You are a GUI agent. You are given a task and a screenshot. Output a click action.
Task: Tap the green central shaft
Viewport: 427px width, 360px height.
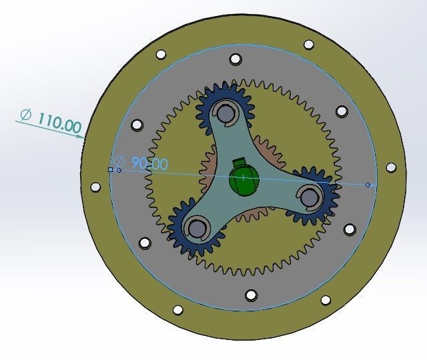(x=244, y=181)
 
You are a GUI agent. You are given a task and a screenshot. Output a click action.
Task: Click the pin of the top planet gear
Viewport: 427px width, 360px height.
(x=226, y=113)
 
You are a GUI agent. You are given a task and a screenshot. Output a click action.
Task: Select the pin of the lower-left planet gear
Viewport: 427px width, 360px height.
(x=195, y=228)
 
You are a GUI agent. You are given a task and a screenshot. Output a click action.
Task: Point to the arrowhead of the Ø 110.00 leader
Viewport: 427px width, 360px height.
(x=83, y=135)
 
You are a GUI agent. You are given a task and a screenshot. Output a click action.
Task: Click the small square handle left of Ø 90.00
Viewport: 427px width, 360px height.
(x=111, y=170)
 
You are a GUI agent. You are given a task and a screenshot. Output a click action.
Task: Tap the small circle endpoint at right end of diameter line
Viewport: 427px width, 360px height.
(x=368, y=184)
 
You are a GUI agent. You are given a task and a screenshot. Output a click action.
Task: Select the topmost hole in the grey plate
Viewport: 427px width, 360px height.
(x=235, y=59)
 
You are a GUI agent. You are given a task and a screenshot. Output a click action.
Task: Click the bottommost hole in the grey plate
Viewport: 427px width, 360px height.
(x=251, y=295)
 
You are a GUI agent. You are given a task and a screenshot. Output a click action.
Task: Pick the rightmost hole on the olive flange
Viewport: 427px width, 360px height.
(x=391, y=167)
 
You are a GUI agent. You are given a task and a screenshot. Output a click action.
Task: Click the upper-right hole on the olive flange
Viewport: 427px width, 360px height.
(x=308, y=45)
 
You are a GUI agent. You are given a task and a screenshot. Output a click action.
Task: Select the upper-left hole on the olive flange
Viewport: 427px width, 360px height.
(x=160, y=55)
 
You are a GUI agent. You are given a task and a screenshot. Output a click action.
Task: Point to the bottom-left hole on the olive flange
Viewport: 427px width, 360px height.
(x=178, y=310)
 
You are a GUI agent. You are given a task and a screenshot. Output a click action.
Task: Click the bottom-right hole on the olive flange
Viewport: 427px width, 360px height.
(x=326, y=300)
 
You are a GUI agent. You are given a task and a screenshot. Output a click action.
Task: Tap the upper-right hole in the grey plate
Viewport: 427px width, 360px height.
(x=342, y=111)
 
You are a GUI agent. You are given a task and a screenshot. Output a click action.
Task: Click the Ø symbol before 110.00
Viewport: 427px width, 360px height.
(x=25, y=115)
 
